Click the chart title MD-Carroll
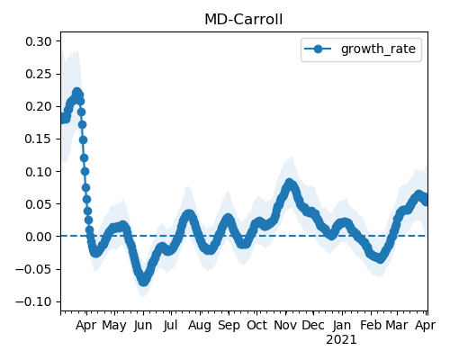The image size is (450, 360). pos(243,20)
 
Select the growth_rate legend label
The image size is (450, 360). pos(378,49)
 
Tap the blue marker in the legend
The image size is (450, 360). pos(318,49)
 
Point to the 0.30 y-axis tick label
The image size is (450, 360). pos(39,41)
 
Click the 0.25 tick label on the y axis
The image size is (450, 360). pos(39,74)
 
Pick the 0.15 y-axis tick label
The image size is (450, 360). pos(39,139)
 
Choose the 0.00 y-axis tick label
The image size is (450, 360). pos(39,237)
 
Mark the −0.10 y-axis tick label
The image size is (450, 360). pos(34,301)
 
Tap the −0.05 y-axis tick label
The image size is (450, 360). pos(34,269)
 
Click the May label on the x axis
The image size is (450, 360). pos(114,325)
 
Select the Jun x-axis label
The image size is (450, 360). pos(143,325)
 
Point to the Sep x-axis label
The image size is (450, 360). pos(229,325)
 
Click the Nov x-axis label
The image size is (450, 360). pos(285,325)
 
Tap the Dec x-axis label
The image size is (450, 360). pos(313,325)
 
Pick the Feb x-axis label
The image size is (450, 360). pos(371,325)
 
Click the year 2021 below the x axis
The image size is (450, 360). pos(341,340)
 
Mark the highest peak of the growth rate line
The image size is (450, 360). pos(77,92)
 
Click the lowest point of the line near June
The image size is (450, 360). pos(144,282)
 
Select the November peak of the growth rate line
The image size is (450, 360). pos(289,183)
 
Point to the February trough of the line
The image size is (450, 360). pos(380,258)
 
